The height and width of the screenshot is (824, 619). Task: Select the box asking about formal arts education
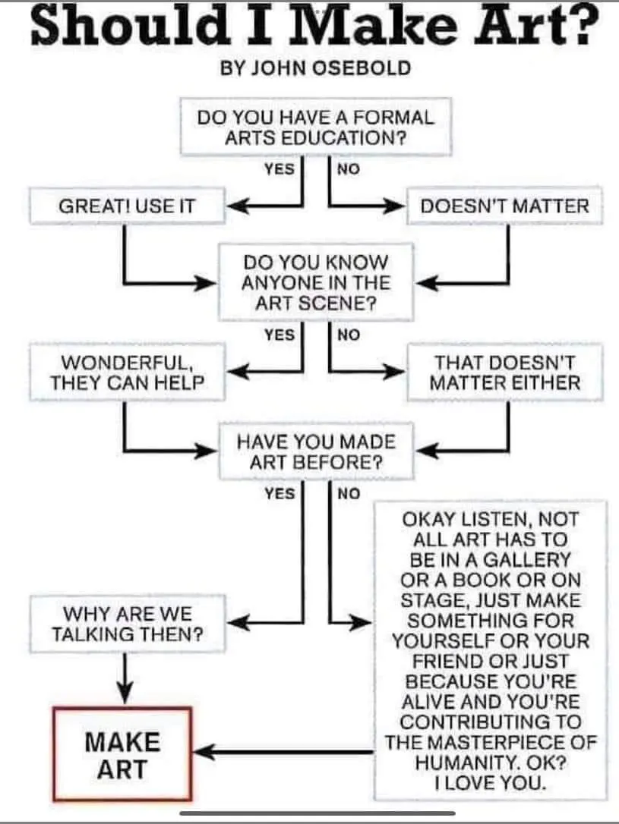pyautogui.click(x=315, y=127)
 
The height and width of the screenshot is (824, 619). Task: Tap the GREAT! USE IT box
pyautogui.click(x=127, y=206)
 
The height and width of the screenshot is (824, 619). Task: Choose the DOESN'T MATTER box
pyautogui.click(x=504, y=206)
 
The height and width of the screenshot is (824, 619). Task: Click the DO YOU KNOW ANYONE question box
pyautogui.click(x=316, y=282)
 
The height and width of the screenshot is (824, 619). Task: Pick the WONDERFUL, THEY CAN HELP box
pyautogui.click(x=127, y=373)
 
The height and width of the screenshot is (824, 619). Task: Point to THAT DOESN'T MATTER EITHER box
pyautogui.click(x=504, y=373)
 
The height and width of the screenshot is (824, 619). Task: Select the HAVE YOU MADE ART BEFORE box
pyautogui.click(x=316, y=451)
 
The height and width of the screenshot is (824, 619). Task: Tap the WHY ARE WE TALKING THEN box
pyautogui.click(x=127, y=624)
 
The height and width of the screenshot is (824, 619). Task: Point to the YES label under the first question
pyautogui.click(x=279, y=168)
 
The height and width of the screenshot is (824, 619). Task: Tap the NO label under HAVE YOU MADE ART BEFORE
pyautogui.click(x=349, y=493)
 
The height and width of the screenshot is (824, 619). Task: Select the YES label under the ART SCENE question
pyautogui.click(x=279, y=334)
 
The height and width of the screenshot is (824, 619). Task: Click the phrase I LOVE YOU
pyautogui.click(x=490, y=783)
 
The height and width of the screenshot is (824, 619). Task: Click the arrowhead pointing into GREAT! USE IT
pyautogui.click(x=237, y=206)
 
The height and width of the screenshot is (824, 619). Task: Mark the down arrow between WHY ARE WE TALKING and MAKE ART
pyautogui.click(x=125, y=678)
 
